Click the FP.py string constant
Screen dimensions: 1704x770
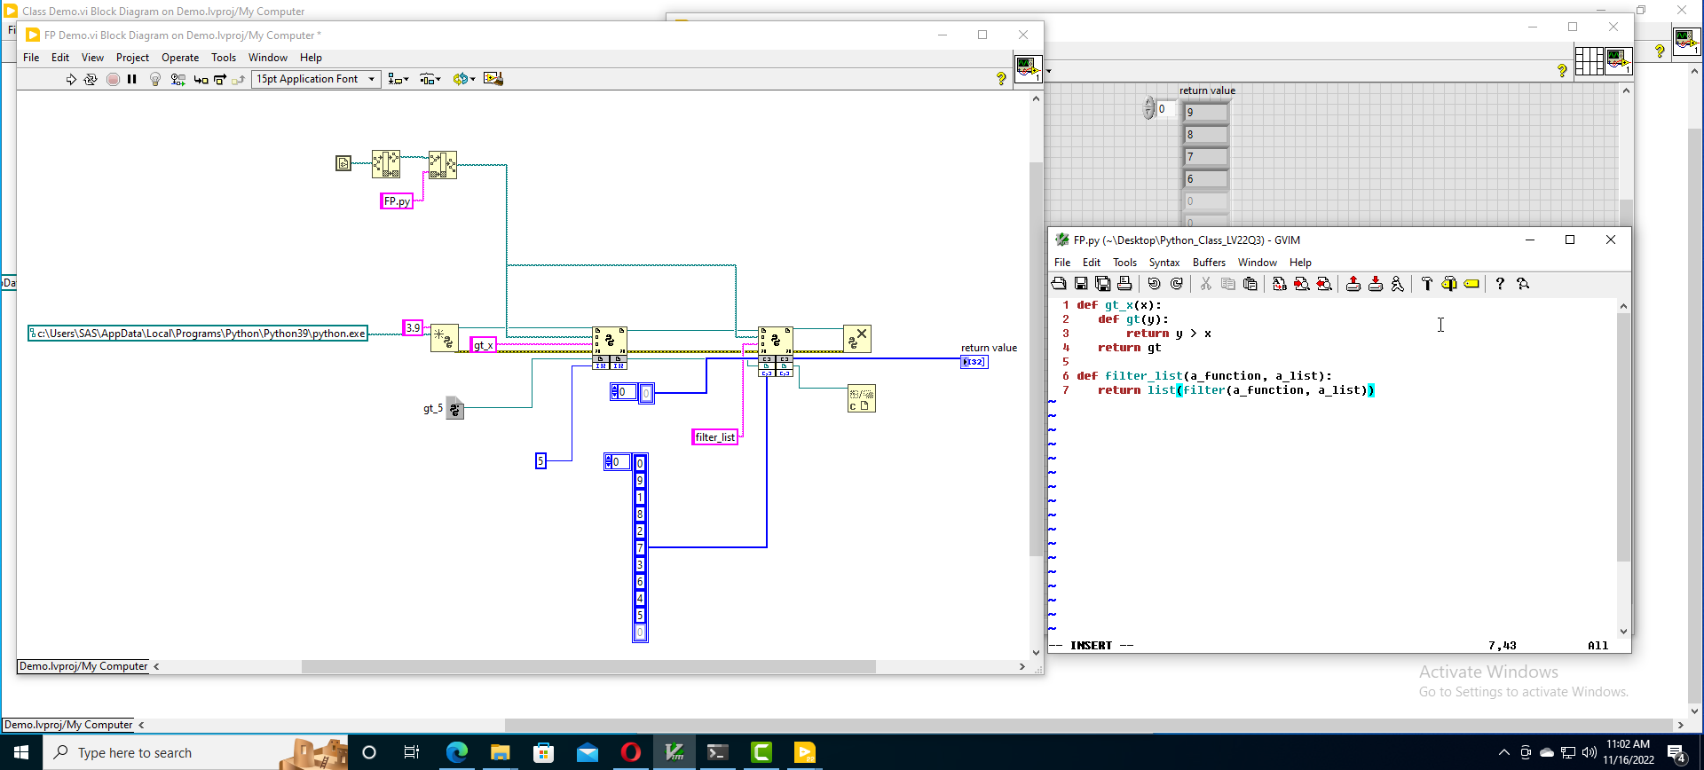coord(397,201)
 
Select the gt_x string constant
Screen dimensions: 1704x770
coord(483,345)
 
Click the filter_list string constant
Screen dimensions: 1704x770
coord(714,437)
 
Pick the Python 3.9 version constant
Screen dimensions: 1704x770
coord(413,328)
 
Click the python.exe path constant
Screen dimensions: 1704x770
coord(198,334)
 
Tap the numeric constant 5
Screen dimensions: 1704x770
coord(540,460)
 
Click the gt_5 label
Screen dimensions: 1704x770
coord(433,409)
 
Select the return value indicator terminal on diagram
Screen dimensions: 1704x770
coord(974,362)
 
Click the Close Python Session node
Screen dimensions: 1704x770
coord(856,339)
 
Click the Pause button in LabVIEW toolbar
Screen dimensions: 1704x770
coord(132,79)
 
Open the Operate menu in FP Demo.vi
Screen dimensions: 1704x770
coord(180,58)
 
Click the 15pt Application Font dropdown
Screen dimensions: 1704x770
coord(316,79)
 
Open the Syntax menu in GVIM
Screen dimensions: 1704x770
coord(1164,263)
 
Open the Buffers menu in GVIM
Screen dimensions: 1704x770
coord(1209,263)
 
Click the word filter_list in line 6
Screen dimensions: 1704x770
coord(1144,376)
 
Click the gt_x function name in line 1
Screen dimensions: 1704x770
coord(1119,305)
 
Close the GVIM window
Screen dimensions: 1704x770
coord(1611,240)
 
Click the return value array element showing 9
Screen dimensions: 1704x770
coord(1206,113)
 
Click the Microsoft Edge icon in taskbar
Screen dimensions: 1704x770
coord(457,752)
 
